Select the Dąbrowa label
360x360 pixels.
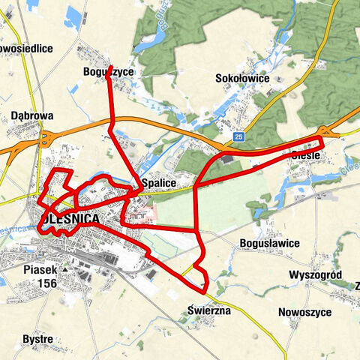coord(32,116)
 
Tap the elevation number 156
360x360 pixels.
coord(46,283)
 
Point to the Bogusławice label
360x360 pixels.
coord(268,244)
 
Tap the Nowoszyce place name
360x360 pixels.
coord(304,311)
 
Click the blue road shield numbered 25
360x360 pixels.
coord(238,137)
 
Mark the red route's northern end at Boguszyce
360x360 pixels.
coord(110,67)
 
